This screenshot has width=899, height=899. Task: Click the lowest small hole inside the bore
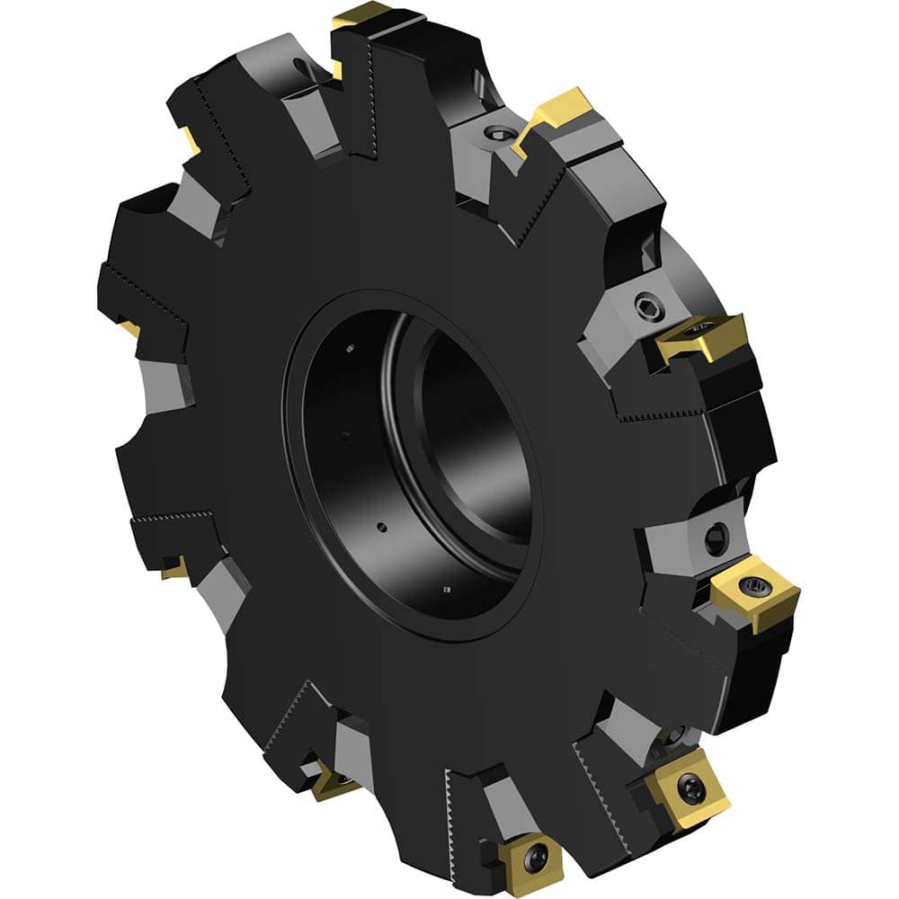pos(447,589)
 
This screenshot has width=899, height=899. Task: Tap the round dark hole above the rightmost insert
pos(715,539)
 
